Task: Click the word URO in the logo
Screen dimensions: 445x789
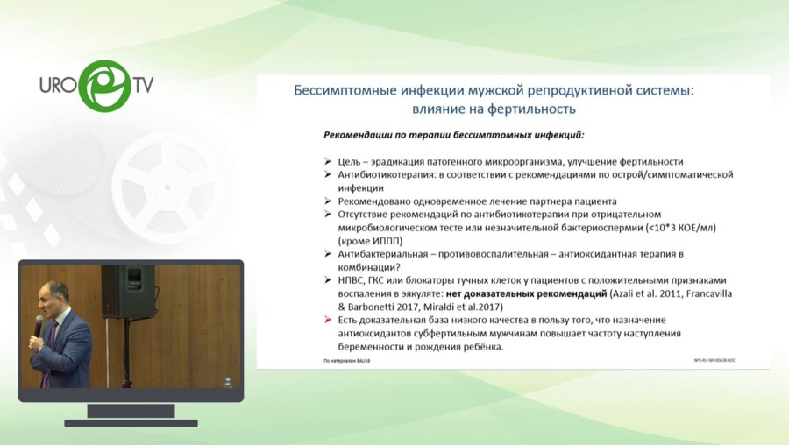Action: pyautogui.click(x=59, y=86)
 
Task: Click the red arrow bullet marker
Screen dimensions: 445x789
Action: pyautogui.click(x=328, y=321)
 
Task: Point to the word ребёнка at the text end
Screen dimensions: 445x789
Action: pyautogui.click(x=480, y=347)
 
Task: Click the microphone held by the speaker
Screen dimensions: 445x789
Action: pyautogui.click(x=39, y=327)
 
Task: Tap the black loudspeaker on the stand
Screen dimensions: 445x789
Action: pyautogui.click(x=127, y=290)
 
